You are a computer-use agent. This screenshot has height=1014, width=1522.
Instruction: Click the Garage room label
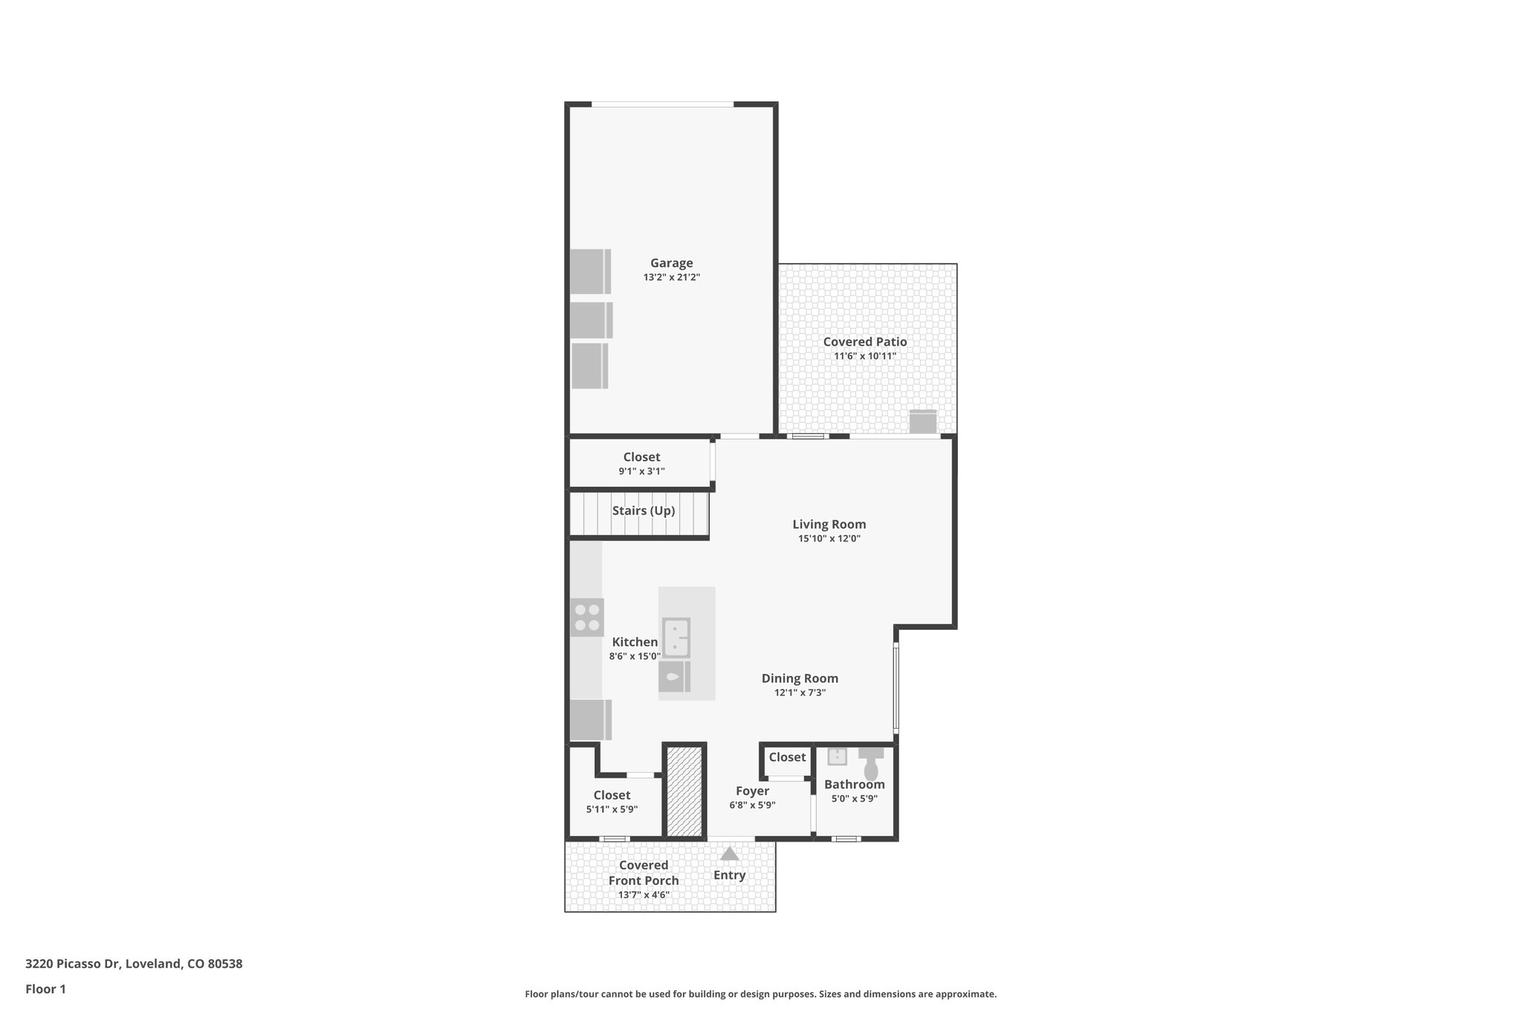(x=671, y=263)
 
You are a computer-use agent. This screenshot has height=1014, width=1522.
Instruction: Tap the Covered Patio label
(x=864, y=342)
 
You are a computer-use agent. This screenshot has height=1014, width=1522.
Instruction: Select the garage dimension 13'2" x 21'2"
(x=671, y=278)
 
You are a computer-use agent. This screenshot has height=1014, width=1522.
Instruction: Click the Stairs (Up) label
(x=643, y=510)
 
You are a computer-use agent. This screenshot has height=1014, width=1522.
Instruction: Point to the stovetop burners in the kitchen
(x=586, y=617)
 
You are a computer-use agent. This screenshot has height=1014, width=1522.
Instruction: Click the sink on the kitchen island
(x=676, y=637)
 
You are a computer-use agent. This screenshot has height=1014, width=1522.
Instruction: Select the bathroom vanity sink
(x=838, y=756)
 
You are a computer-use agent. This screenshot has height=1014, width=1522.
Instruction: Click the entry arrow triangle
(x=729, y=854)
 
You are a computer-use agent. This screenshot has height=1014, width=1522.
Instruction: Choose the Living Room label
(x=829, y=524)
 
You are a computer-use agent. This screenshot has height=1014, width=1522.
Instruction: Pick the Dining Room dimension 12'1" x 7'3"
(x=800, y=693)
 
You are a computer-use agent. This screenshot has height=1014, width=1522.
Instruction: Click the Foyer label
(x=752, y=791)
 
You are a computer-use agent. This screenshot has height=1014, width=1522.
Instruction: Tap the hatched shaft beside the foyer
(x=684, y=791)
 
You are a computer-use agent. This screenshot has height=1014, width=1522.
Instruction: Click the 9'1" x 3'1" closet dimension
(x=641, y=472)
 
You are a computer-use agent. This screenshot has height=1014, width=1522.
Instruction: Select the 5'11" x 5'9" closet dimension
(x=612, y=810)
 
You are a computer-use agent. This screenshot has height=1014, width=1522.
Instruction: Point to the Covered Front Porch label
(x=644, y=873)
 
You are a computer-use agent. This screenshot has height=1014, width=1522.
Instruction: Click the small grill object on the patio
(x=923, y=422)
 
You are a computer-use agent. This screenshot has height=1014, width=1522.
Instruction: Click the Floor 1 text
(x=45, y=989)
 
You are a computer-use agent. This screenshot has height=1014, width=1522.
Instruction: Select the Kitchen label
(x=634, y=642)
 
